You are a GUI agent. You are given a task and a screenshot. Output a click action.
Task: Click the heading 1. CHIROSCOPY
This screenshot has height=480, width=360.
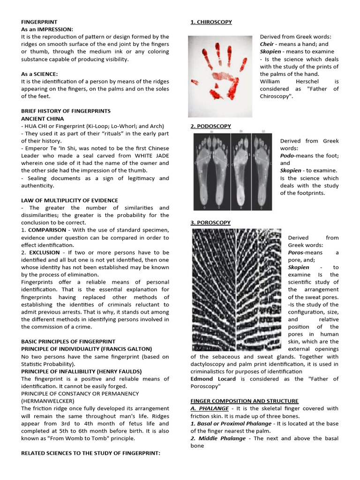211,22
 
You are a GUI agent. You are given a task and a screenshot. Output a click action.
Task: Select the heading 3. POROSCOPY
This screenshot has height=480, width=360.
210,223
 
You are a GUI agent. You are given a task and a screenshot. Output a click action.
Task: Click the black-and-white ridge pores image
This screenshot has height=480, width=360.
237,289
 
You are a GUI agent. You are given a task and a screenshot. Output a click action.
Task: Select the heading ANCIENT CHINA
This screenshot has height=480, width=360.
43,119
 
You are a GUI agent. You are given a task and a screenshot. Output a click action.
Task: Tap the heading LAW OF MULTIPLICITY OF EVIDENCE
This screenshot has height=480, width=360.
69,200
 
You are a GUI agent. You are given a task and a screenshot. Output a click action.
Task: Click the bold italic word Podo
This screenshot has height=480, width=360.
287,156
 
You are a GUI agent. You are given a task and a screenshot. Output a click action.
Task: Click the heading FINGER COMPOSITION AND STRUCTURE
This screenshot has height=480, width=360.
244,401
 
